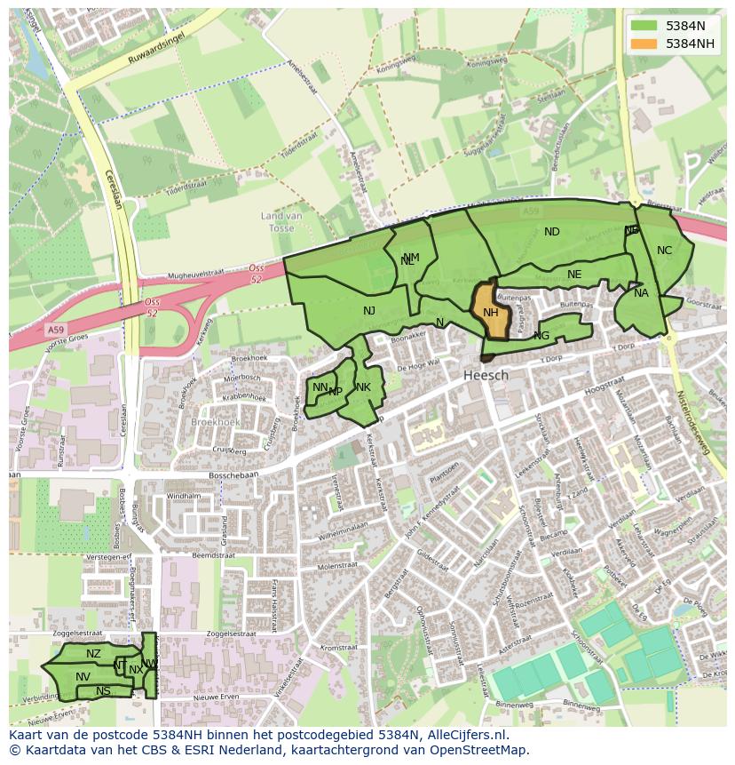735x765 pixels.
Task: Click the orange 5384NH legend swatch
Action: (644, 44)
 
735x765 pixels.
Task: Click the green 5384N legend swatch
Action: (644, 26)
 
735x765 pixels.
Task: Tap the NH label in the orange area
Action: (490, 312)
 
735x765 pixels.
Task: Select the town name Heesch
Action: (486, 375)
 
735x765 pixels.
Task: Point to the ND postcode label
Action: (552, 232)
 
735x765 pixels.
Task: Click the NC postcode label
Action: (664, 251)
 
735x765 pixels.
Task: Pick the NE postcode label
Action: (574, 275)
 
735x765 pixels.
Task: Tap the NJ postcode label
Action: (369, 310)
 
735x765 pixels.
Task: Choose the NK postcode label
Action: (363, 387)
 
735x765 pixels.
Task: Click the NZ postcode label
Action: (93, 654)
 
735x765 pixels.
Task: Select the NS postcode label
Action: (103, 691)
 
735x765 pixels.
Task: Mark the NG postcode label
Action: (541, 336)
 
